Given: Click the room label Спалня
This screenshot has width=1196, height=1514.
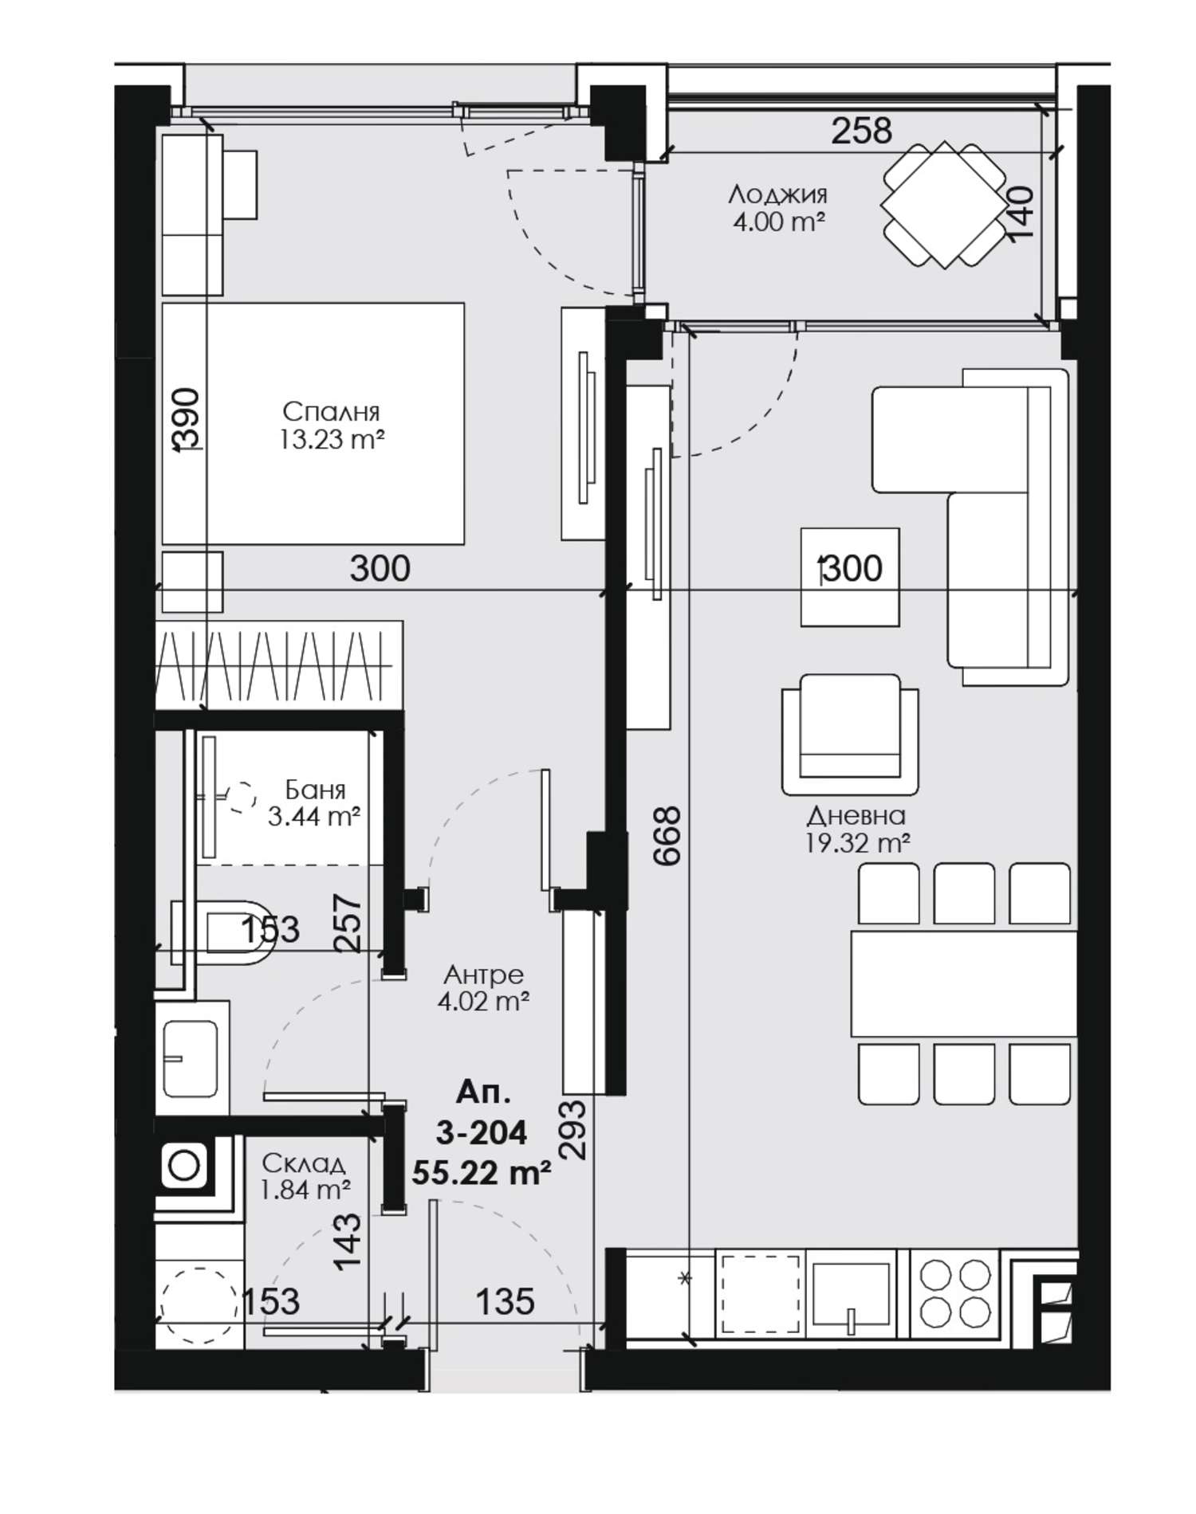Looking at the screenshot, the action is click(331, 412).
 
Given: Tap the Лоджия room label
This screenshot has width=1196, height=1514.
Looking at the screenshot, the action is click(778, 194).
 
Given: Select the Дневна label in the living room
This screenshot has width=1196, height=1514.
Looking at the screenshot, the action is click(856, 815).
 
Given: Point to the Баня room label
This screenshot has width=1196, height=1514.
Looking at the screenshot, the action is click(315, 790).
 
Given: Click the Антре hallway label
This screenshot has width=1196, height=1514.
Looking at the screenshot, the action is click(484, 975).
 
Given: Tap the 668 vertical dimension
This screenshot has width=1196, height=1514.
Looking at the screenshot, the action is click(667, 835).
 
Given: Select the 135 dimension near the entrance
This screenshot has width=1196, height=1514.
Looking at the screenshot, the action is click(505, 1302).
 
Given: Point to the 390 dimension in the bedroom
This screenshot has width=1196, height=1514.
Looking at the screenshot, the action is click(188, 420).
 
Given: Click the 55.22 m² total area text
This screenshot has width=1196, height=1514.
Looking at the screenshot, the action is click(482, 1173).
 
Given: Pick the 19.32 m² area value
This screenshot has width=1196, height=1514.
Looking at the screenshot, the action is click(857, 843).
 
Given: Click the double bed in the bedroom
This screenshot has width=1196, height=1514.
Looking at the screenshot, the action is click(313, 424).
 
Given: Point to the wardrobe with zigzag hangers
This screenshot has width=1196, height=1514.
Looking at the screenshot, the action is click(278, 664).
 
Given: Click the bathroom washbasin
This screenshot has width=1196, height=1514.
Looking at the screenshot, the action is click(191, 1058).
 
